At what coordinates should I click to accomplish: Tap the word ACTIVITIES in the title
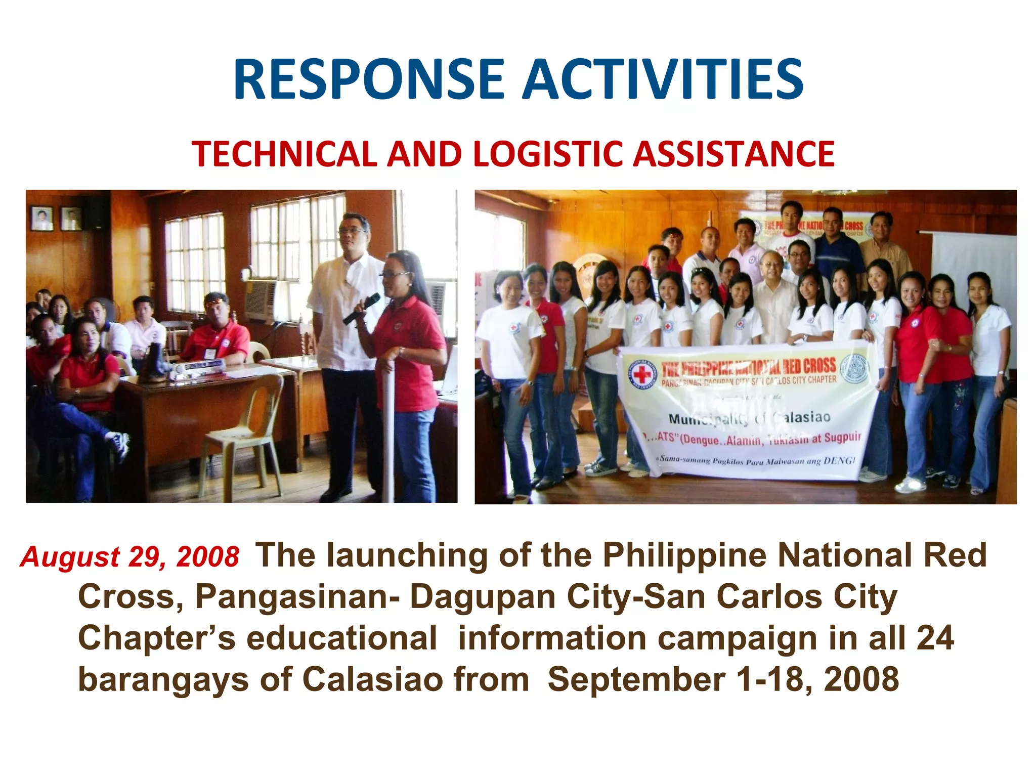pos(663,80)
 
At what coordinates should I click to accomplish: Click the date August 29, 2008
pos(129,557)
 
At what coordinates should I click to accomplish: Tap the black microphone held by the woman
pos(361,309)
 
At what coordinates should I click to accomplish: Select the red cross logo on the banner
pos(642,375)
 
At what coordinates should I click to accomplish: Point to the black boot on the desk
pos(153,363)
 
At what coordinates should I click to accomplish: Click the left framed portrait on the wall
pos(42,219)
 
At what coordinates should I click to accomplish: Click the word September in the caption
pos(636,679)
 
